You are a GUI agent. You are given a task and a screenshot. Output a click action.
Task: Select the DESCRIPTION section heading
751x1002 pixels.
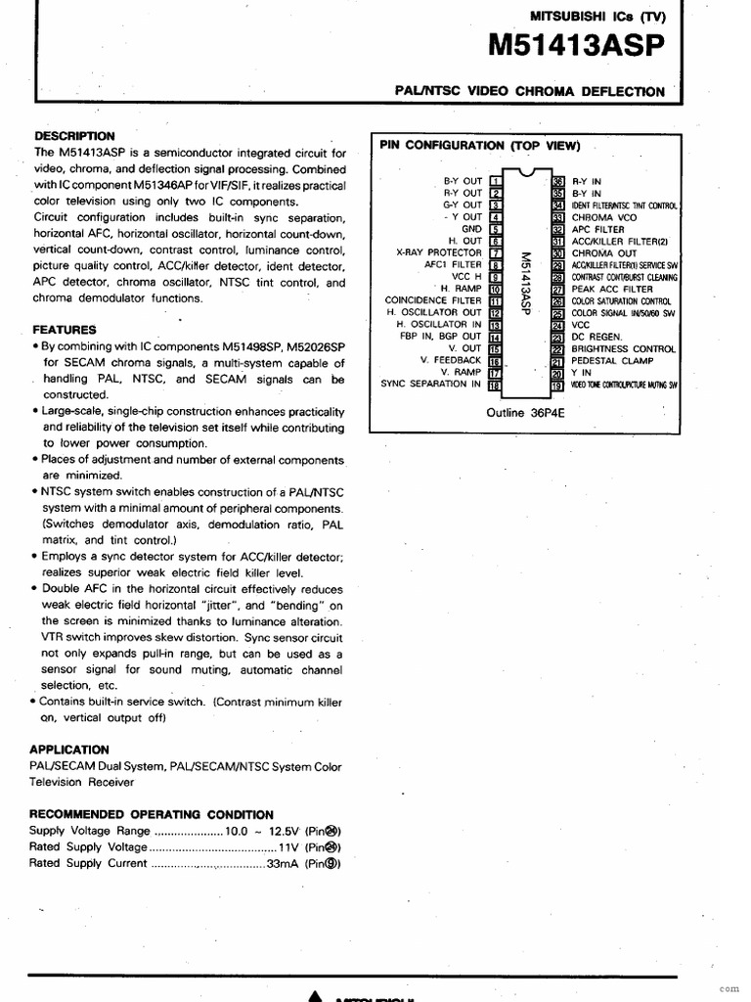[x=74, y=136]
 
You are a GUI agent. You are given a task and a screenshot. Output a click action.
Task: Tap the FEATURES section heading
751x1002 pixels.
[x=65, y=330]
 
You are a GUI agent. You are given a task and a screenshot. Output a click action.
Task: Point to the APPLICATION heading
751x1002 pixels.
[x=69, y=750]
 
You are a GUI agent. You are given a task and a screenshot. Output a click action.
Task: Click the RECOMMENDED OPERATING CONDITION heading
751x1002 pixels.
[x=152, y=814]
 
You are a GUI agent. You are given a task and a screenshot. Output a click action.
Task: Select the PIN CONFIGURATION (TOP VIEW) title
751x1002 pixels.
[x=479, y=146]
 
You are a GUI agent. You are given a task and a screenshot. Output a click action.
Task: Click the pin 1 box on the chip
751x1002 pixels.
[x=495, y=181]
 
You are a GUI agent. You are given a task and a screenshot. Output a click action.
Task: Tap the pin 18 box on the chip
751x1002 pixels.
[x=495, y=385]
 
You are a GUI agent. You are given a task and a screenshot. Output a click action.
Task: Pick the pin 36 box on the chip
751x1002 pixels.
[x=559, y=181]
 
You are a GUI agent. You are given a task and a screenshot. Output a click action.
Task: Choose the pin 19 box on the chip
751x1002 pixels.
[x=559, y=385]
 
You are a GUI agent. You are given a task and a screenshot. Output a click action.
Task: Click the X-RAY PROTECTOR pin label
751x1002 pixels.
[x=439, y=252]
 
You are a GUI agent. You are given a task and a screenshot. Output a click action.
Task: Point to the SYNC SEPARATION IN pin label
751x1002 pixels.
[x=431, y=385]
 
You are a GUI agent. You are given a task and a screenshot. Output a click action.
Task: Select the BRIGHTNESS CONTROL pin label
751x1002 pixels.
[x=624, y=348]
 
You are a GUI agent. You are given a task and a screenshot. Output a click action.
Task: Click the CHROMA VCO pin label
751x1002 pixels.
[x=604, y=217]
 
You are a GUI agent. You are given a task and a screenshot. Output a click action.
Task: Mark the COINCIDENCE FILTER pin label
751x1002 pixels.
[x=433, y=300]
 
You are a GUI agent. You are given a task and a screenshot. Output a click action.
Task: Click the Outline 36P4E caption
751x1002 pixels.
[x=526, y=413]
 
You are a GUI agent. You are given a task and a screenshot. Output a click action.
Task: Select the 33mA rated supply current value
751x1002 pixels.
[x=284, y=864]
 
